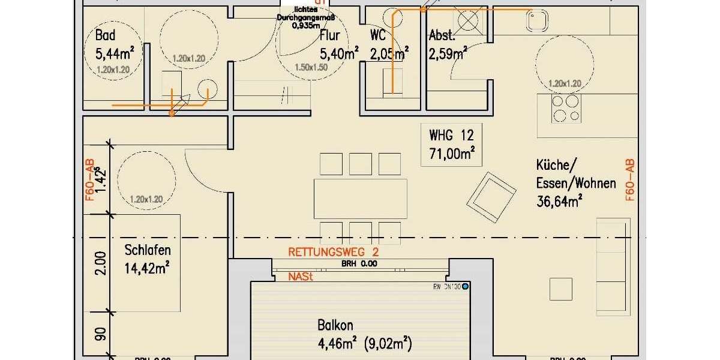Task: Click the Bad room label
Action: pos(105,36)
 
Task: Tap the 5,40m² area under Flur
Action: pos(339,54)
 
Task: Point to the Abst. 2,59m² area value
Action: pos(448,55)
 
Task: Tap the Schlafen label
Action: pos(148,250)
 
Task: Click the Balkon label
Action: pos(335,326)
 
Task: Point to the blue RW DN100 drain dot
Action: pos(465,286)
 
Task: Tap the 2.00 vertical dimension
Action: pos(101,263)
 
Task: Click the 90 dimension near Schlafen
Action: pos(101,334)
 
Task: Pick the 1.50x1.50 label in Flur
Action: pos(311,68)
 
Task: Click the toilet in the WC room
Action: pos(392,81)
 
